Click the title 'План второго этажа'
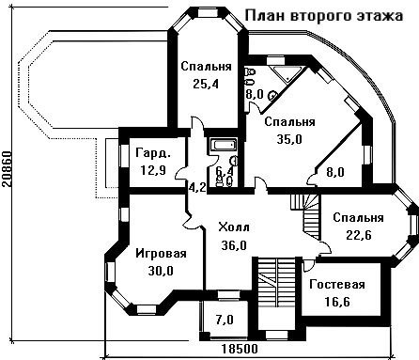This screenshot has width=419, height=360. click(x=324, y=15)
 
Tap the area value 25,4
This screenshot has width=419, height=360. click(x=206, y=84)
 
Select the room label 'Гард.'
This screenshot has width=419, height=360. click(x=153, y=153)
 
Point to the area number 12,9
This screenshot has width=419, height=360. click(x=153, y=170)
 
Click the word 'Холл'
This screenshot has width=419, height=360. click(x=234, y=227)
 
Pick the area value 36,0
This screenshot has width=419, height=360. click(x=234, y=245)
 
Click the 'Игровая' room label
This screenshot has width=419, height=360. click(x=161, y=253)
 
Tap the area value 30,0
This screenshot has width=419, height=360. click(x=161, y=271)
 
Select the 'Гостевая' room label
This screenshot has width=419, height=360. click(x=337, y=285)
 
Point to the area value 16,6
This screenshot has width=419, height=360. click(x=337, y=302)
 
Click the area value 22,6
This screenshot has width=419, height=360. click(x=359, y=234)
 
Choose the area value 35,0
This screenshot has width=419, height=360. click(x=289, y=139)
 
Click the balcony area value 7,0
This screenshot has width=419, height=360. click(x=225, y=320)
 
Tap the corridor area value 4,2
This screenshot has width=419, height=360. click(x=197, y=187)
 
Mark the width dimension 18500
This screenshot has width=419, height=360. click(x=240, y=349)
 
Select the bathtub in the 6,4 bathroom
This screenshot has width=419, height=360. click(x=224, y=145)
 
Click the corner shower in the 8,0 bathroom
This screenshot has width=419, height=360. click(x=287, y=74)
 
